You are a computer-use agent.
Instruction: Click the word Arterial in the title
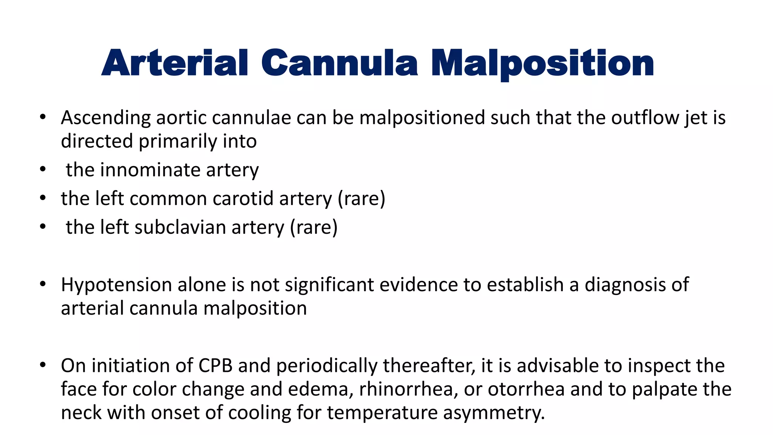(x=175, y=63)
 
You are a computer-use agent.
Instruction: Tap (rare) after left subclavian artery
(x=314, y=227)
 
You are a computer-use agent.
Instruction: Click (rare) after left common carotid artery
(x=361, y=199)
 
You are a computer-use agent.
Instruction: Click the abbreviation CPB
(x=215, y=366)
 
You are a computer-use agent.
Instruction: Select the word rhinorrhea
(x=406, y=389)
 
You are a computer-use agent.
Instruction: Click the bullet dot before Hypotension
(x=43, y=284)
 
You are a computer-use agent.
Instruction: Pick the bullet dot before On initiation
(x=43, y=365)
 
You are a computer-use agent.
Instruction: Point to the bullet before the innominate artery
(x=43, y=169)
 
